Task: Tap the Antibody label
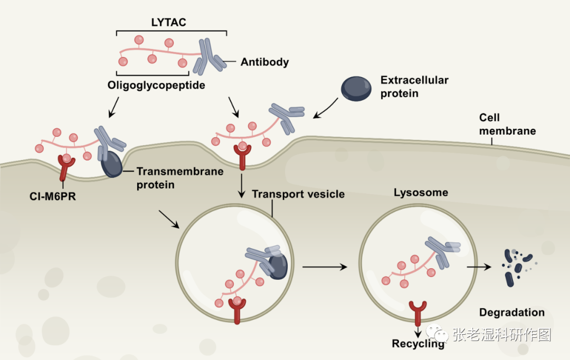point(265,62)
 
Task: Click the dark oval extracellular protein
point(356,88)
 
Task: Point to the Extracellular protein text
point(414,87)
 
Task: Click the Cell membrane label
point(507,124)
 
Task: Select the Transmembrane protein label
point(180,178)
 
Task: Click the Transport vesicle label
point(298,194)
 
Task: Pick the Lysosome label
point(421,193)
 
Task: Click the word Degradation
point(512,312)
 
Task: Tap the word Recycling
point(418,344)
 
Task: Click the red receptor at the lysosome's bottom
point(418,312)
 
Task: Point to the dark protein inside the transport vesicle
point(277,264)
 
